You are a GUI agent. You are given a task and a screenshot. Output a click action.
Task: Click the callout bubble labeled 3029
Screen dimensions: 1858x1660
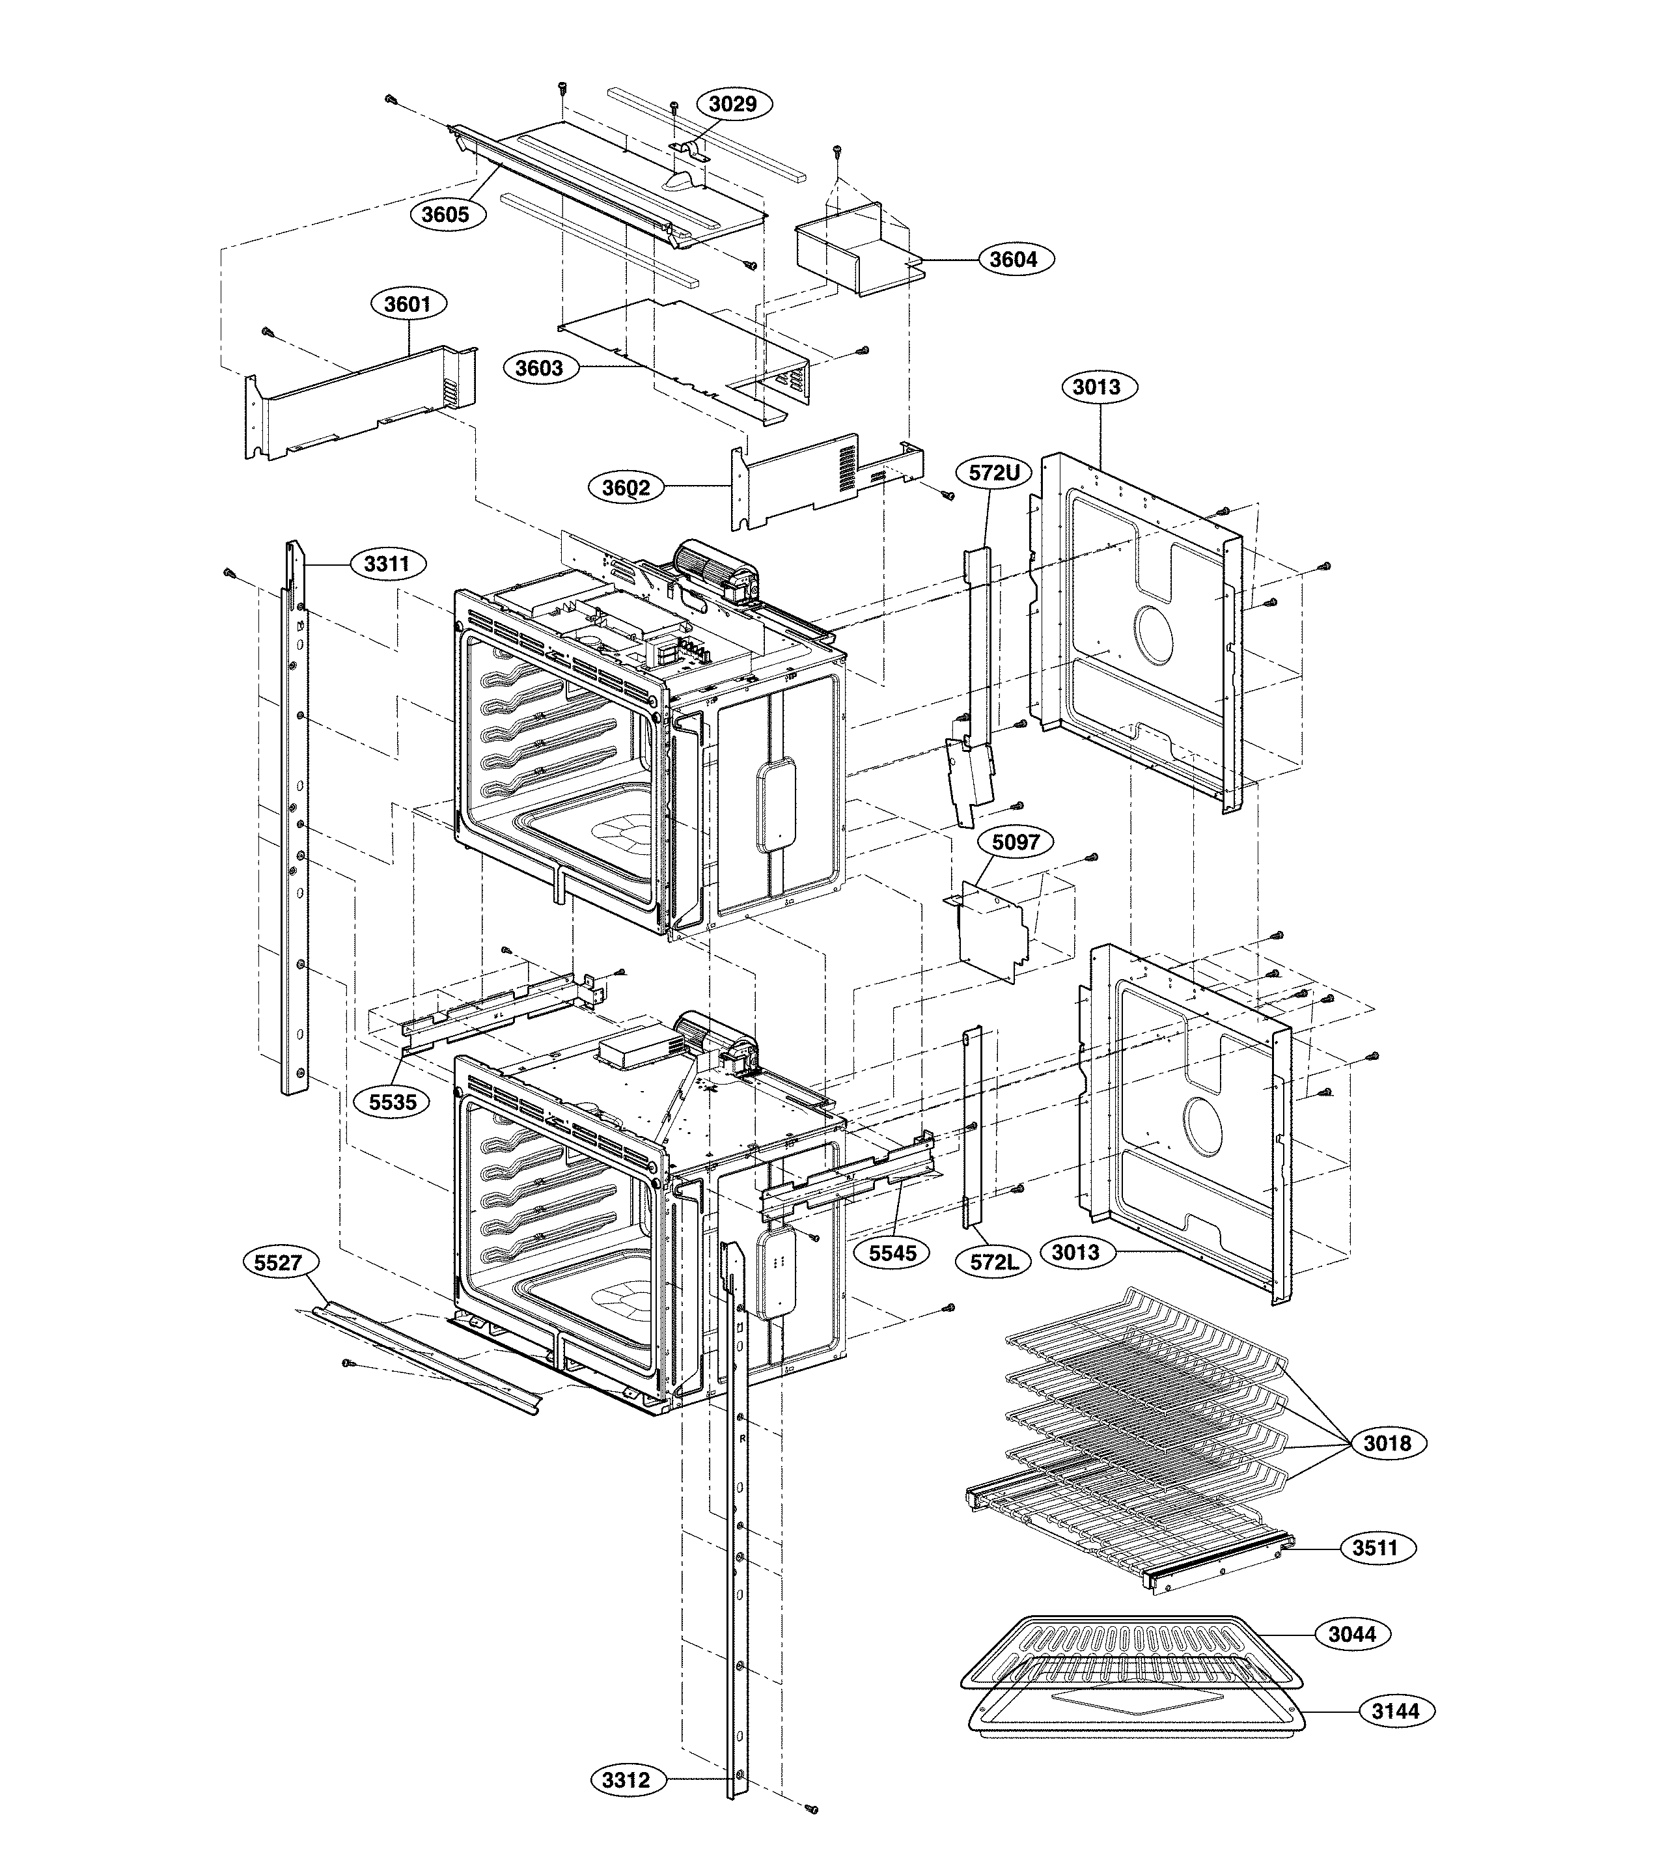[x=732, y=104]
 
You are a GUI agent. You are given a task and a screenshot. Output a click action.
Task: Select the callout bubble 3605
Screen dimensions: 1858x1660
[x=445, y=214]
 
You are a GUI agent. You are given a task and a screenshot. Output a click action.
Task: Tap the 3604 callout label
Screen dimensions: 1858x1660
[x=1014, y=260]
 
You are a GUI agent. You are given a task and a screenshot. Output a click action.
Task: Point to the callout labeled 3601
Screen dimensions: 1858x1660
[x=407, y=304]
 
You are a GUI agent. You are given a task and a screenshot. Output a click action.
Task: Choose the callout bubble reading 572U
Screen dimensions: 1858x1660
[x=993, y=473]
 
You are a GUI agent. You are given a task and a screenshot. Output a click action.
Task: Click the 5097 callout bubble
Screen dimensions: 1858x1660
[x=1015, y=842]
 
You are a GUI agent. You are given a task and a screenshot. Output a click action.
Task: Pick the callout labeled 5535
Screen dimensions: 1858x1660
[x=392, y=1102]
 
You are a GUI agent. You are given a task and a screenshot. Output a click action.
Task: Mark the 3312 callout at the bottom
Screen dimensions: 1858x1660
[x=626, y=1781]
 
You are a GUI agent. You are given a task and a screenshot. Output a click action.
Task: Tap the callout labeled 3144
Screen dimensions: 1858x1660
[x=1396, y=1711]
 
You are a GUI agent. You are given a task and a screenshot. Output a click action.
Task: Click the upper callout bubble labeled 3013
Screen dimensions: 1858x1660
[x=1096, y=387]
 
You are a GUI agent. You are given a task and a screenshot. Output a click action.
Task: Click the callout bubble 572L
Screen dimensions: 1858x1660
[x=993, y=1263]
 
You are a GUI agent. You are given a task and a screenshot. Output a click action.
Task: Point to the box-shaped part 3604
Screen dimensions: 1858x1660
[x=844, y=255]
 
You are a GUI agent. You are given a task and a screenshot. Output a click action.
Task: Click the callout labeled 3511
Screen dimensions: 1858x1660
[x=1374, y=1574]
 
